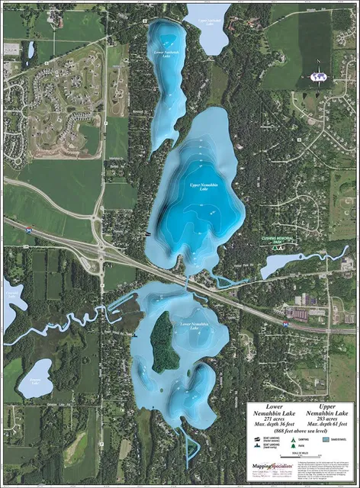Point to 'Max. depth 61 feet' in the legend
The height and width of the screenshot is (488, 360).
(x=319, y=425)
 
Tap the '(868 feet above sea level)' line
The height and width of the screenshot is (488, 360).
(x=294, y=432)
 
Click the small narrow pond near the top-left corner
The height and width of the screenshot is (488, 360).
(x=31, y=50)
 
